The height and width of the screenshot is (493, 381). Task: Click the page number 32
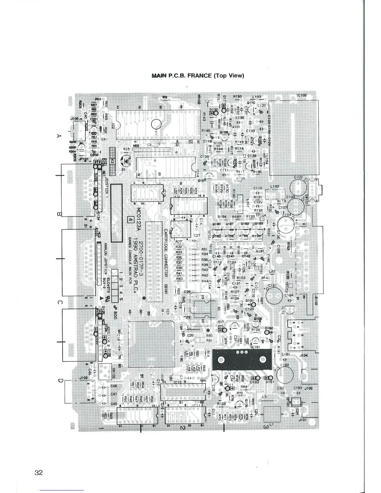[x=39, y=473]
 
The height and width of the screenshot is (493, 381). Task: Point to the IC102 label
[x=302, y=96]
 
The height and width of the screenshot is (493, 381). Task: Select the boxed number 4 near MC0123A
[x=131, y=219]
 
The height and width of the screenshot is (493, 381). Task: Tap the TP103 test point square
[x=291, y=286]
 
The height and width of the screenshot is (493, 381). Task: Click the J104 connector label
[x=303, y=355]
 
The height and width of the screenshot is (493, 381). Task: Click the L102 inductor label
[x=275, y=186]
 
